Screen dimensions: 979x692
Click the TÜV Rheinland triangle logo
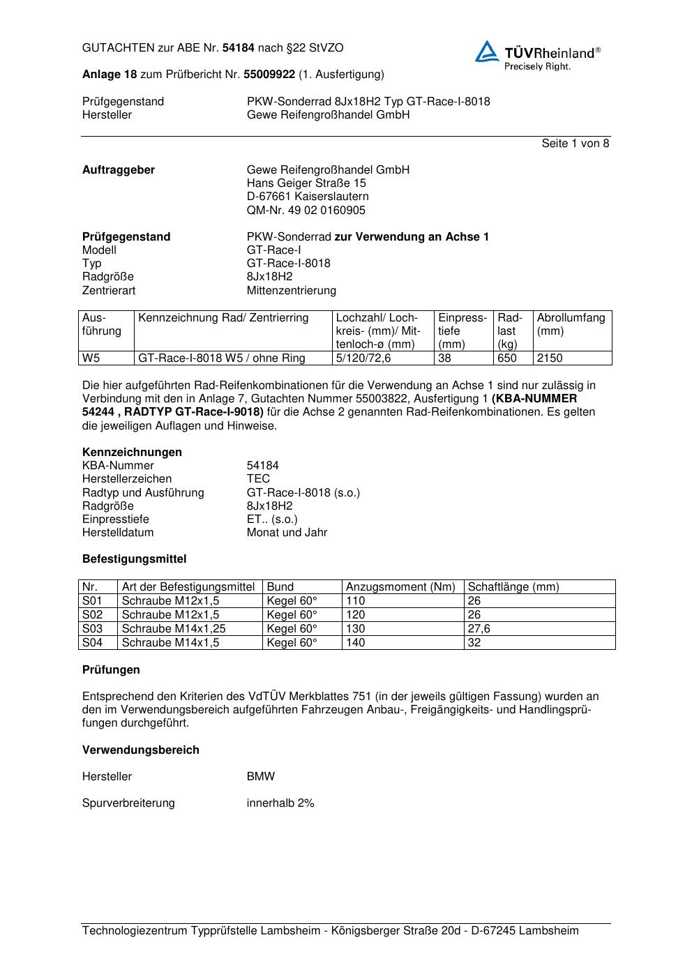click(487, 52)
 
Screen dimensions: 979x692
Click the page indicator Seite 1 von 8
click(575, 144)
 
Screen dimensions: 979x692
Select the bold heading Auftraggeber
click(119, 170)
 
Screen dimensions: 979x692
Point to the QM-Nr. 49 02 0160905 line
click(306, 210)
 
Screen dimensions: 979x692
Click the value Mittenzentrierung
click(291, 290)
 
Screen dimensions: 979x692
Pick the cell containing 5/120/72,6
click(363, 358)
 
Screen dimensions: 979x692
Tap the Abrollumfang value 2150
click(550, 358)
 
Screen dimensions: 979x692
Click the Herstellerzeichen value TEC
click(258, 479)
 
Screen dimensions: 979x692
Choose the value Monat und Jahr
click(287, 533)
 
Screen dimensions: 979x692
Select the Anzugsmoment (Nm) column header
click(400, 587)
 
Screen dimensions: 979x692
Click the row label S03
click(92, 629)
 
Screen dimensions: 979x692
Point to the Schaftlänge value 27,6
click(479, 629)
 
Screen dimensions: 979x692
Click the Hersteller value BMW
click(261, 777)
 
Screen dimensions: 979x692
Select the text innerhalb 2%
click(280, 803)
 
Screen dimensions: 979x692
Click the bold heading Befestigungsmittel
click(134, 559)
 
